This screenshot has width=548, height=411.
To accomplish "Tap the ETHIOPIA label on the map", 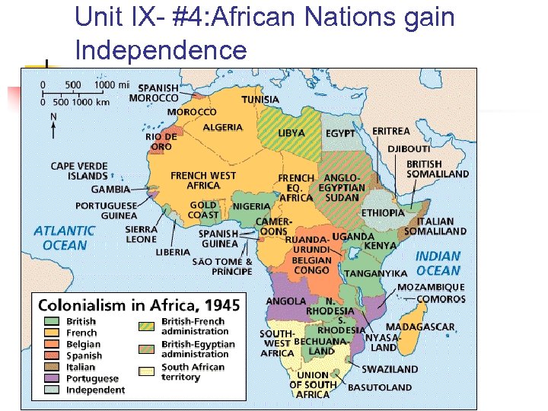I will tap(383, 212).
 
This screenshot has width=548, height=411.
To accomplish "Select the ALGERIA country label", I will tap(222, 127).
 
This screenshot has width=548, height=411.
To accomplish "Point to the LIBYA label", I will tap(291, 132).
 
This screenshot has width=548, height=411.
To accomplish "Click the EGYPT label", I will tap(340, 133).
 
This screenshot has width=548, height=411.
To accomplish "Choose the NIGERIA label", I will tap(251, 206).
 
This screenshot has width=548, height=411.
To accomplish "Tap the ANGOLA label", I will tap(285, 302).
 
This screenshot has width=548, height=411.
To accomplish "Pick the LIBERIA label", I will tap(174, 252).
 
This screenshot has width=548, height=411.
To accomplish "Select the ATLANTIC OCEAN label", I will tap(65, 237).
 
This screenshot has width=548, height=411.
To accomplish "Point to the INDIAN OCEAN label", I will tap(438, 263).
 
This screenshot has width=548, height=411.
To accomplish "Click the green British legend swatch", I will tap(52, 322).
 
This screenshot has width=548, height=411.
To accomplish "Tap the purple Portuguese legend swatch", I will tap(52, 378).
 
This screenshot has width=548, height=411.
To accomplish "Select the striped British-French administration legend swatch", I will tap(148, 326).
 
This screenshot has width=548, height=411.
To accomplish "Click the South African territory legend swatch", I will tap(148, 371).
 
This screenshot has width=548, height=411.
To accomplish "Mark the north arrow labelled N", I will tap(53, 124).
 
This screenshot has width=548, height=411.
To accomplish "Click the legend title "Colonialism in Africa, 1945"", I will tap(139, 305).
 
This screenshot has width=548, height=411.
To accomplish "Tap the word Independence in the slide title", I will tap(161, 50).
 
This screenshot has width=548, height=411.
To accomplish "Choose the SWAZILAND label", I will tap(389, 369).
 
